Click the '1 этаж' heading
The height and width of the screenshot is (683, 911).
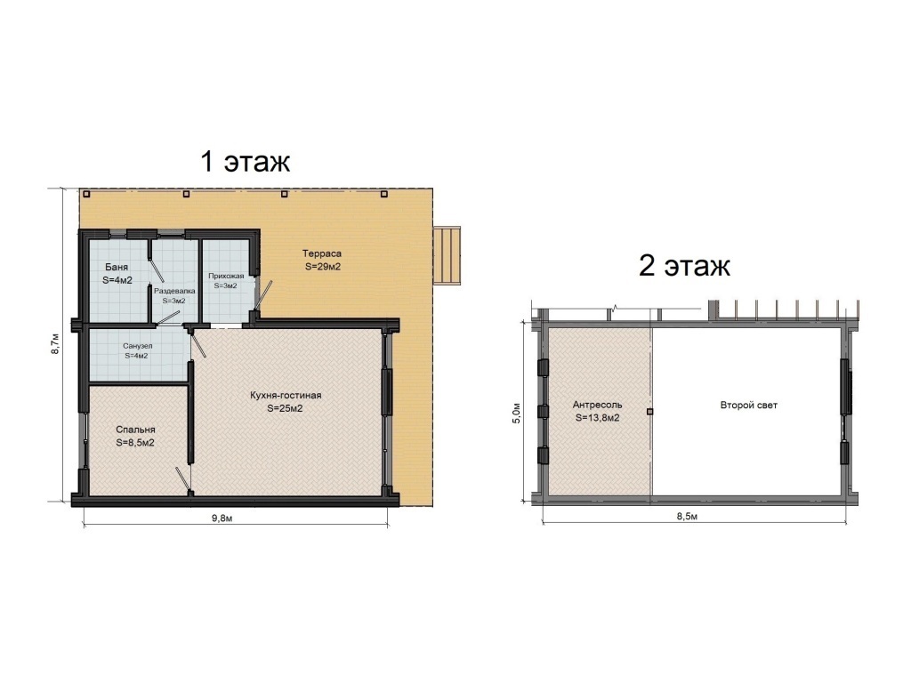[x=245, y=161]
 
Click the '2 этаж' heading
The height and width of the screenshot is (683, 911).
[x=684, y=266]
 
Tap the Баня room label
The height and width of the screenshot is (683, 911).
[x=117, y=267]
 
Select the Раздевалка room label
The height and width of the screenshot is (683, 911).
[x=174, y=291]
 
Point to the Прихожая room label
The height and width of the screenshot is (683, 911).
[x=226, y=276]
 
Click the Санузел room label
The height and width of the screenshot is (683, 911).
[x=137, y=346]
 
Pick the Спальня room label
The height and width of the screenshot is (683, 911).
[x=135, y=430]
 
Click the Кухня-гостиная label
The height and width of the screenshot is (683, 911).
[x=286, y=396]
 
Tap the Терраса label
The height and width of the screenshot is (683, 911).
[x=322, y=253]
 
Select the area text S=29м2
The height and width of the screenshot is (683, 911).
[x=322, y=267]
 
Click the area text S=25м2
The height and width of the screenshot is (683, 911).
[x=285, y=408]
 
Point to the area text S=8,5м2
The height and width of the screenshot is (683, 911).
[x=135, y=443]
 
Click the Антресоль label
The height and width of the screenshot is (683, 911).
[x=597, y=405]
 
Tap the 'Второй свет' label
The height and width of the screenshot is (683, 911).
[x=749, y=405]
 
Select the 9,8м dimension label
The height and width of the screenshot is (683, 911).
[x=222, y=518]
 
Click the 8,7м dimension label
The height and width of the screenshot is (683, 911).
[x=55, y=343]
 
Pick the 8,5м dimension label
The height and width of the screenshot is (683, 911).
[x=688, y=517]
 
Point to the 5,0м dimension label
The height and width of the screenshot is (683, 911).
[x=517, y=413]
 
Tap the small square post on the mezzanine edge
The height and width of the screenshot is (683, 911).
[x=650, y=412]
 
